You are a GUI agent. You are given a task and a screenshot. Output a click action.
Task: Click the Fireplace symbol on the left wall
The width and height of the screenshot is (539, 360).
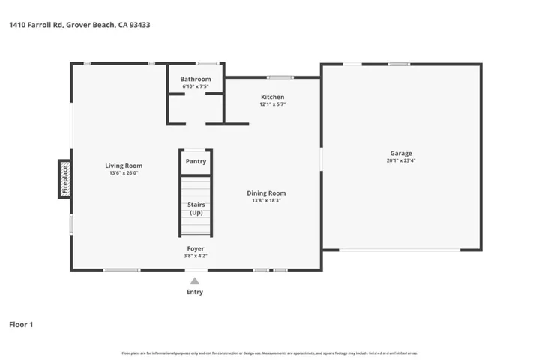tap(65, 179)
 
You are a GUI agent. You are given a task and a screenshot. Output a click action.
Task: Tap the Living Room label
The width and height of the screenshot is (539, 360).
tap(124, 166)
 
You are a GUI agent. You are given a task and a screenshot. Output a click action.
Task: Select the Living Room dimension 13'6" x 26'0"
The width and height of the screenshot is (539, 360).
tap(124, 173)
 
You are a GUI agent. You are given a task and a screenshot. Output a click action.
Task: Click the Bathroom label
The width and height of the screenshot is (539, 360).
tap(196, 79)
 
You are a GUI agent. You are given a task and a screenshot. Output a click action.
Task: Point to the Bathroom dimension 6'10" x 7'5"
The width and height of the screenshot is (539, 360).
tap(196, 86)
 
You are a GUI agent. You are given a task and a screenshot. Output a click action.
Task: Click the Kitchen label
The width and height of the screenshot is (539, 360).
tap(272, 97)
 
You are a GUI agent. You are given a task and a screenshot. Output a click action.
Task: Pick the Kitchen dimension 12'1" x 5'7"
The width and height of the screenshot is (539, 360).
tap(272, 104)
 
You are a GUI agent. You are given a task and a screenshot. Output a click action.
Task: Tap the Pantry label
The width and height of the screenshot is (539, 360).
tap(196, 161)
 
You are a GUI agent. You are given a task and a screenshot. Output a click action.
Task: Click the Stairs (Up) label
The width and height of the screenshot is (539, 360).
tap(196, 208)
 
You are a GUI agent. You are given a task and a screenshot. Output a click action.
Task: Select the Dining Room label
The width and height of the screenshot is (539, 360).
tap(266, 193)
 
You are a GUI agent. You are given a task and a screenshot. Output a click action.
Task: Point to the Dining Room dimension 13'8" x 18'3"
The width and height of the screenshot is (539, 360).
tap(266, 201)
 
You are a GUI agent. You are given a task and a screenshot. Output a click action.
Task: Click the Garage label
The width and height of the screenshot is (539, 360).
tap(401, 153)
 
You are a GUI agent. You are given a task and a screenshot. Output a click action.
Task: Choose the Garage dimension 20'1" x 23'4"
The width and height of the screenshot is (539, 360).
tap(401, 160)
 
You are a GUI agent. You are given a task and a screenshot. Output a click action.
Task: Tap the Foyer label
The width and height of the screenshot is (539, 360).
tap(196, 248)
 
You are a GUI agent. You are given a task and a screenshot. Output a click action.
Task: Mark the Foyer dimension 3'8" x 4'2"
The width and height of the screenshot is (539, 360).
tap(196, 256)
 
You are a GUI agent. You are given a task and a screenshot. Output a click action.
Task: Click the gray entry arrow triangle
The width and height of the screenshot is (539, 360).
tap(195, 281)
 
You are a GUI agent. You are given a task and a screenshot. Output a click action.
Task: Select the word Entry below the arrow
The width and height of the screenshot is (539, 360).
tap(195, 292)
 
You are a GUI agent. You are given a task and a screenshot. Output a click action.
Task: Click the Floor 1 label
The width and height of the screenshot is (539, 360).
tap(21, 325)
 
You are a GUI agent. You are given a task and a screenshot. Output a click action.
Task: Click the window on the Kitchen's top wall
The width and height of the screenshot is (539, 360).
tap(280, 76)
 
